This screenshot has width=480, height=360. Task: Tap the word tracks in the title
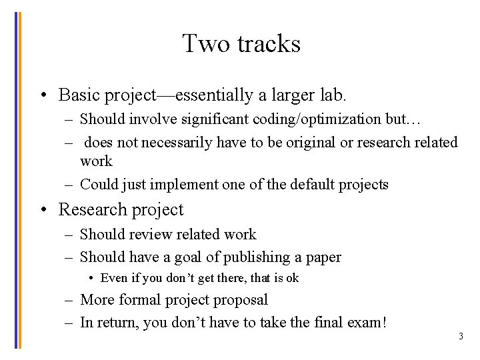tap(269, 44)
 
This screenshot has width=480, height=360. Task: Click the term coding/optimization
tap(317, 120)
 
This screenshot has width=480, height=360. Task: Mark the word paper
tap(322, 257)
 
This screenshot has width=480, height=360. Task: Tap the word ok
tap(291, 278)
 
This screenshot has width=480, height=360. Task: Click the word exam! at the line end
tap(367, 323)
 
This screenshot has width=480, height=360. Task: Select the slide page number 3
tap(460, 337)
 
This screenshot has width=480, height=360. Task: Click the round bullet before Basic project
tap(43, 96)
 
